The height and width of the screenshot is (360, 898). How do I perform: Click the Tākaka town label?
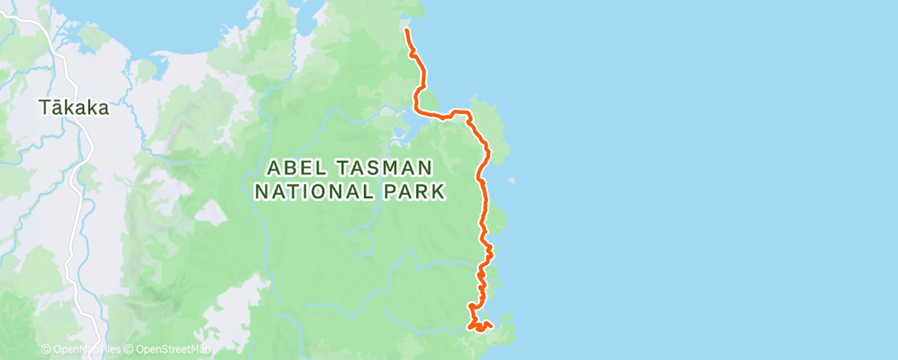click(x=74, y=107)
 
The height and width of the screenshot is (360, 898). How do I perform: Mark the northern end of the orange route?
click(x=407, y=30)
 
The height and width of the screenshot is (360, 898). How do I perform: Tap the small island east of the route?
click(x=513, y=181)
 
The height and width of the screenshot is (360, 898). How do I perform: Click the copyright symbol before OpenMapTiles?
click(x=45, y=350)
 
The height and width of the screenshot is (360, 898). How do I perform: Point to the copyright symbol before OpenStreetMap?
click(x=129, y=350)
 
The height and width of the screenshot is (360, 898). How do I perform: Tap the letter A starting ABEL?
click(x=273, y=168)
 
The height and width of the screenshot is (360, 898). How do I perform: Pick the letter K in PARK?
click(x=439, y=192)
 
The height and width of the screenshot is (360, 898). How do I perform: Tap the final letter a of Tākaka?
click(x=104, y=108)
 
